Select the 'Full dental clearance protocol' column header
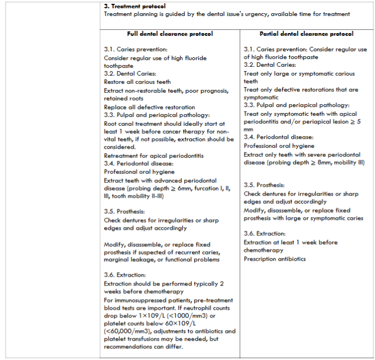point(170,34)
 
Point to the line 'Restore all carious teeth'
point(138,82)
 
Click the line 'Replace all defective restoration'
point(149,107)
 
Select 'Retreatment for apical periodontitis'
point(154,156)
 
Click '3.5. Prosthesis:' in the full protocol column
point(124,211)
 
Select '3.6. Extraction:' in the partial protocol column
point(264,234)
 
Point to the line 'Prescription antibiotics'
point(274,259)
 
